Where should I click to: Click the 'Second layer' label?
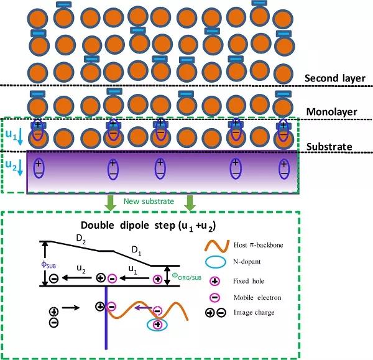coord(335,78)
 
